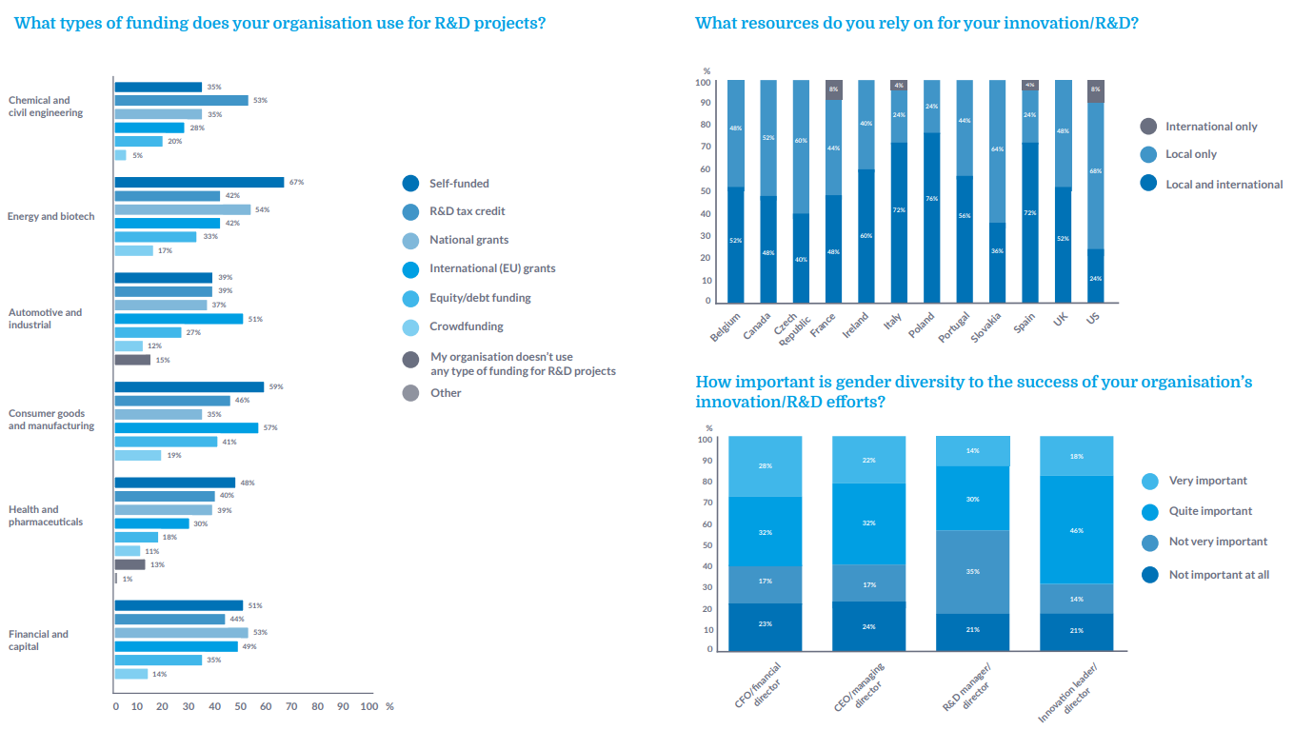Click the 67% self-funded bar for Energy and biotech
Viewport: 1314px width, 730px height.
pos(199,182)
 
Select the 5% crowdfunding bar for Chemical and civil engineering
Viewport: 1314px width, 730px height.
pos(121,155)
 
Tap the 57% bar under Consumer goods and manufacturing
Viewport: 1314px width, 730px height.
pos(187,427)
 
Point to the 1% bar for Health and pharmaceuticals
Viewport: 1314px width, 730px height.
pos(116,578)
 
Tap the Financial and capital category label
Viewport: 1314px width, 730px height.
pos(39,641)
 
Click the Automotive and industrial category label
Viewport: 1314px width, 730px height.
pos(46,319)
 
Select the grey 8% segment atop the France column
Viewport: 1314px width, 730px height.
pos(833,89)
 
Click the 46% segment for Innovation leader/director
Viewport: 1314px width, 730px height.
pos(1076,529)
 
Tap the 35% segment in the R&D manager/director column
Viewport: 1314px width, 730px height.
pos(972,571)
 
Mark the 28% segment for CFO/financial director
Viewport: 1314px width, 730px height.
pos(766,466)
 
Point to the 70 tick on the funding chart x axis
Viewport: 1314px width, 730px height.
pos(292,706)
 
